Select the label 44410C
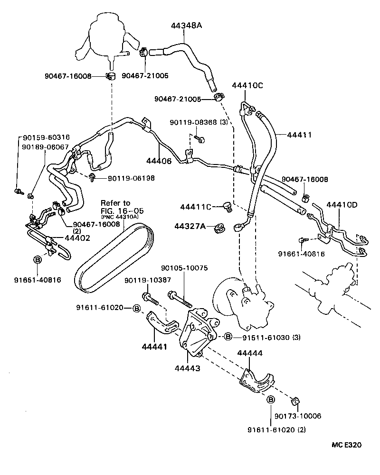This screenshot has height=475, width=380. tap(247, 85)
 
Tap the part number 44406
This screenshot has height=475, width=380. tap(159, 161)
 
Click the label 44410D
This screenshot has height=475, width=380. tap(342, 204)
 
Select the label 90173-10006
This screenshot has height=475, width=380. tap(298, 416)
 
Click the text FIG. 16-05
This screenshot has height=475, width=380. tap(122, 210)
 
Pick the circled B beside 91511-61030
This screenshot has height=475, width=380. tap(228, 337)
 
